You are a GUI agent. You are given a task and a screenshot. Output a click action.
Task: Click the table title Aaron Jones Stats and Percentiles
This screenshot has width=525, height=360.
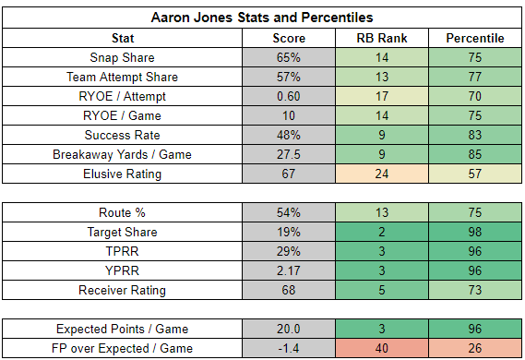tap(262, 18)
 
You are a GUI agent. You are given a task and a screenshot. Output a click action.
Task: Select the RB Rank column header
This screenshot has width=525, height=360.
tap(382, 38)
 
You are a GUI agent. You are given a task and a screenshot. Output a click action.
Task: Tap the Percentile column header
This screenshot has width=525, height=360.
tap(475, 38)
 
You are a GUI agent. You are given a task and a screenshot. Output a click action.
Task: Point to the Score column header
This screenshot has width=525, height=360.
tap(289, 38)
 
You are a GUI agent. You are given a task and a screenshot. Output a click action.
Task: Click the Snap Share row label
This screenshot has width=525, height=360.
tap(122, 57)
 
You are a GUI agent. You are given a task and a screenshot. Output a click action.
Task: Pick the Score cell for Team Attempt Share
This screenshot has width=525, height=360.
tap(289, 77)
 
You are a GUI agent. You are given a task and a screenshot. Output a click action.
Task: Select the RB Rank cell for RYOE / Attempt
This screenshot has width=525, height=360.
tap(382, 96)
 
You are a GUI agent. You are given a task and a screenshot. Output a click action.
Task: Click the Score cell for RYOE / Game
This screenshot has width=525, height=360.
tap(289, 116)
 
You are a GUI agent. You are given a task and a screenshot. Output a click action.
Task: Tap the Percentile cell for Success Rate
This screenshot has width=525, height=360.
tap(475, 136)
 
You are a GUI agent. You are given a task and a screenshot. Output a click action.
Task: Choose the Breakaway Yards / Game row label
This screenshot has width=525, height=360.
tap(122, 155)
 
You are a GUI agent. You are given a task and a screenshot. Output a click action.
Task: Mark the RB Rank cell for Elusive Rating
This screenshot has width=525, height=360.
tap(382, 174)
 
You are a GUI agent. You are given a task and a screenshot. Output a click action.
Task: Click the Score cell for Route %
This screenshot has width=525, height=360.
tap(289, 212)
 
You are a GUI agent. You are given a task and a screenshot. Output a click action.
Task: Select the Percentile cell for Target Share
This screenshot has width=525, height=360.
tap(475, 232)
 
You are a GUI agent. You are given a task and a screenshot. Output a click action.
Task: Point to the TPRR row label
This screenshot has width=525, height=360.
tap(122, 251)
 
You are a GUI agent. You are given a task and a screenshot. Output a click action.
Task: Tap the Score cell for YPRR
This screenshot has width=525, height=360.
tap(289, 270)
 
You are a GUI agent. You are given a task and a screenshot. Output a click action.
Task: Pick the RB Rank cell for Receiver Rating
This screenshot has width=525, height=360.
tap(382, 290)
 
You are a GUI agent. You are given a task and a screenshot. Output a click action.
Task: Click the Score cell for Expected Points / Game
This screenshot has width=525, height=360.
tap(289, 329)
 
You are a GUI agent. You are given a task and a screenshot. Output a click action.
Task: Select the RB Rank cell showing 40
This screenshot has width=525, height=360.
tap(382, 348)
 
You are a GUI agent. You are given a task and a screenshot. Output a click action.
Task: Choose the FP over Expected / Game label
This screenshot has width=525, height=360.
tap(122, 349)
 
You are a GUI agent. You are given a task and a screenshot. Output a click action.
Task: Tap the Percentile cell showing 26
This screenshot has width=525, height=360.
tap(475, 348)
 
